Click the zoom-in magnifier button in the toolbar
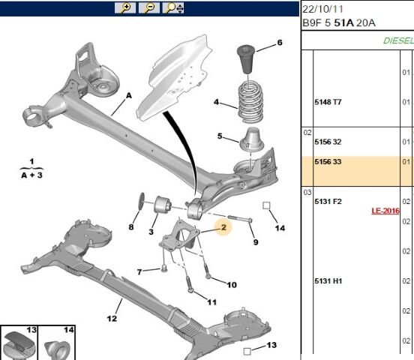pos(125,7)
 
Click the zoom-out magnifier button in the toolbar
pos(149,7)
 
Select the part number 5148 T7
pos(328,102)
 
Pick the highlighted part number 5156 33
pos(328,162)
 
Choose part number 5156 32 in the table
pos(328,142)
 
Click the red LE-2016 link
pos(385,211)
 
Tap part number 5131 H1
pos(328,280)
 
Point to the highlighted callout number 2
pos(223,227)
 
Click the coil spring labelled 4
pos(250,102)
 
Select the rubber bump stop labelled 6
pos(246,59)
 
